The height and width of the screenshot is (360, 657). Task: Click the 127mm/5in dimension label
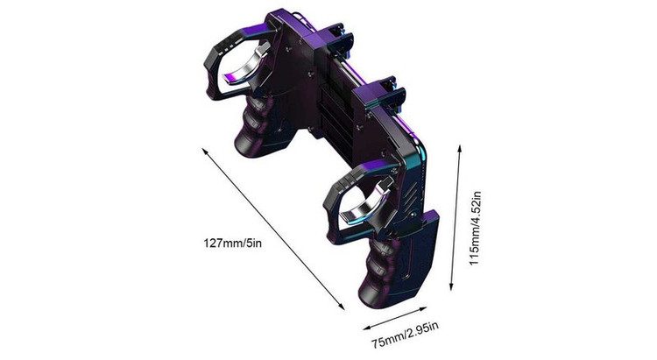coord(232,244)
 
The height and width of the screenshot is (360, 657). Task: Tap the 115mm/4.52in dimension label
coord(475,228)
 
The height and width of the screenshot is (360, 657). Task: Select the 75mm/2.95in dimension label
coord(406,335)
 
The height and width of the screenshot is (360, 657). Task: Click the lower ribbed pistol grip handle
coord(377,272)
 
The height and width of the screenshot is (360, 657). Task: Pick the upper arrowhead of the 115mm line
coord(460,148)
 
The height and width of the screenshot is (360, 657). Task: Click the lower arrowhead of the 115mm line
coord(451,287)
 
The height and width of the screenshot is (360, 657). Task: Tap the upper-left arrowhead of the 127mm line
coord(204,151)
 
